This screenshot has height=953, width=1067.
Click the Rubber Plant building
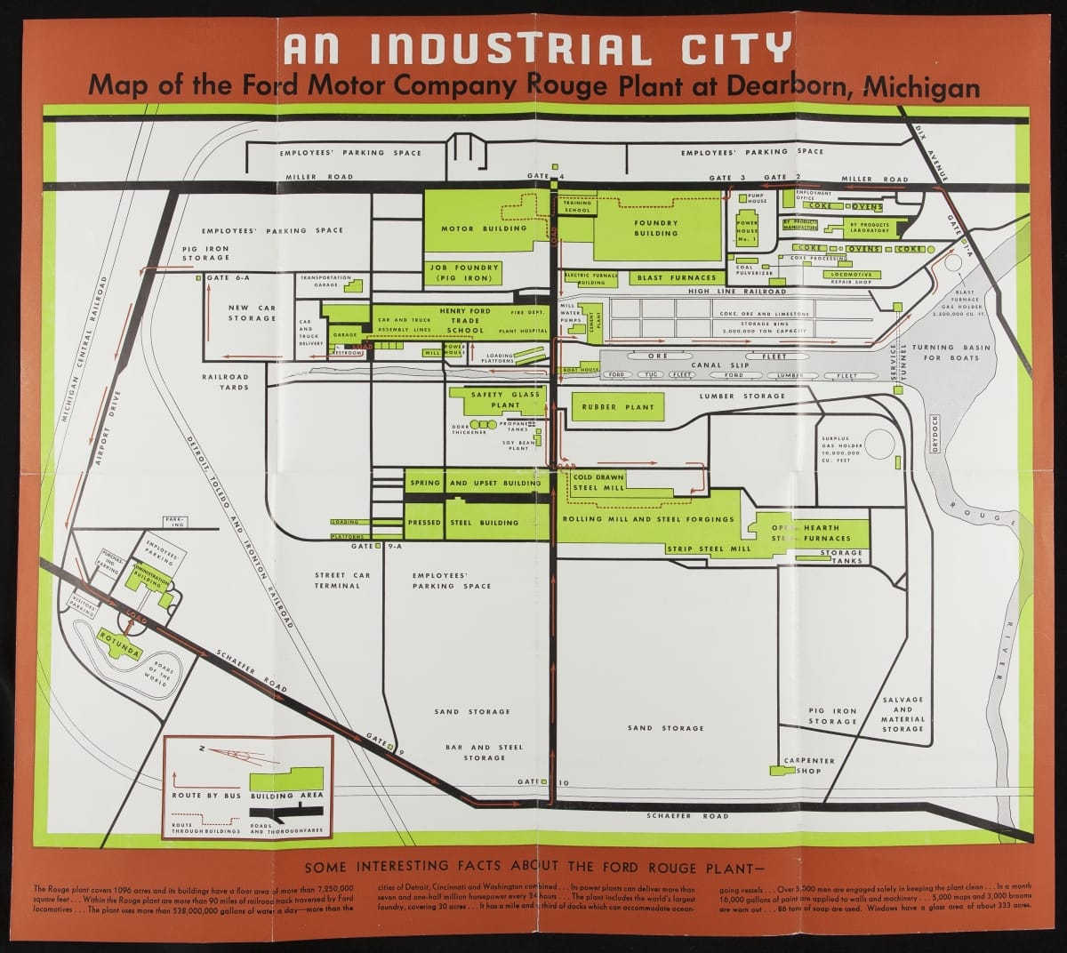[x=618, y=407]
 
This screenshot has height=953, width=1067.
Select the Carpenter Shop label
[x=809, y=765]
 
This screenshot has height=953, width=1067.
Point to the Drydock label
[x=935, y=433]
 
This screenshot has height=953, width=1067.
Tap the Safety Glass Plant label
[x=506, y=399]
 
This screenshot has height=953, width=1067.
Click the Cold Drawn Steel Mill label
[x=598, y=483]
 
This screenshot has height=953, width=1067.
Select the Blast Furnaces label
[x=677, y=278]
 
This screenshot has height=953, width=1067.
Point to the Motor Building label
[x=492, y=228]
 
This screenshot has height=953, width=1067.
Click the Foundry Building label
[x=656, y=228]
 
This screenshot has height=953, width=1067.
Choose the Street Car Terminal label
[x=337, y=581]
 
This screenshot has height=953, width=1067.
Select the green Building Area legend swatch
[x=286, y=779]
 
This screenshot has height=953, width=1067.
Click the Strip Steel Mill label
[x=709, y=549]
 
